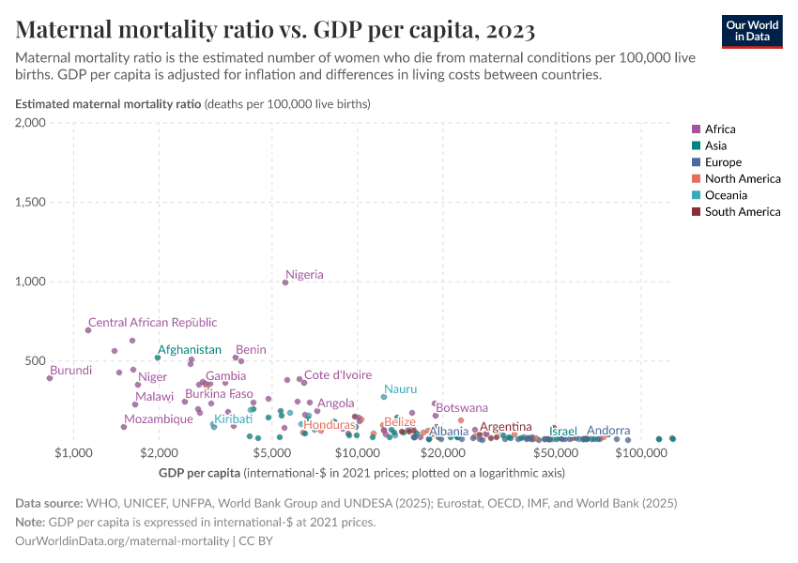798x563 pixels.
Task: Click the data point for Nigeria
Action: click(285, 282)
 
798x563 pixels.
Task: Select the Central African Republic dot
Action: click(88, 330)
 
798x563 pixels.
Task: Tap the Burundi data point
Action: click(50, 378)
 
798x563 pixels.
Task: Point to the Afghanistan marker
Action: click(158, 358)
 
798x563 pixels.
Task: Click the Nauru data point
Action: click(384, 397)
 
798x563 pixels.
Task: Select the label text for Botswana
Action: click(462, 408)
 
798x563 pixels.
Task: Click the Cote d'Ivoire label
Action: click(338, 374)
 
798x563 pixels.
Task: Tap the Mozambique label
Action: click(158, 418)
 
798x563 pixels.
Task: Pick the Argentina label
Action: click(506, 427)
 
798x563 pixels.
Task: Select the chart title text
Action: click(276, 30)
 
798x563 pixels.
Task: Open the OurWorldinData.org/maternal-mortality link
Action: click(122, 540)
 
